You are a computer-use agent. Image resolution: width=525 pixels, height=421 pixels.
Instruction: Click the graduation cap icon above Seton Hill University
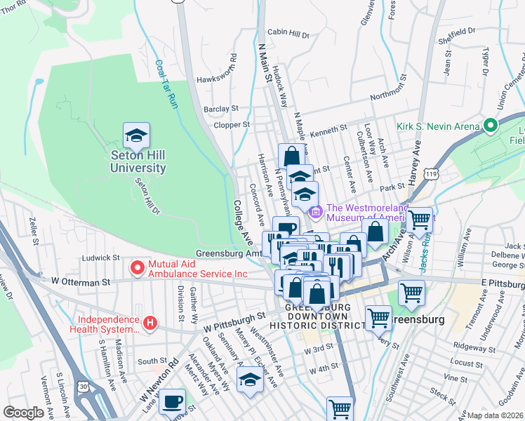tap(137, 134)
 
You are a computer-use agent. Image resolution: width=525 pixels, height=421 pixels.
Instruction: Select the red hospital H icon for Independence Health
tap(148, 323)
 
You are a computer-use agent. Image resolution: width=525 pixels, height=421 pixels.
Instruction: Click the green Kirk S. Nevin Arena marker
tap(490, 127)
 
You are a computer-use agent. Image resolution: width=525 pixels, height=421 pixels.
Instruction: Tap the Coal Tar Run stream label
tap(166, 83)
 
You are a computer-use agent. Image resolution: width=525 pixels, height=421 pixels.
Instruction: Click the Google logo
tap(24, 413)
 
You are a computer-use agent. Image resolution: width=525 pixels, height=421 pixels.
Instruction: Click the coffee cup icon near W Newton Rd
tap(172, 402)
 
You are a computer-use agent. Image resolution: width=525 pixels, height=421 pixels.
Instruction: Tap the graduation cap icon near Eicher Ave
tap(249, 380)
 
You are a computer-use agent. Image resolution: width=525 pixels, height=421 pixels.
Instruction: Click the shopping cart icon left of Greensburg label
tap(378, 318)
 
